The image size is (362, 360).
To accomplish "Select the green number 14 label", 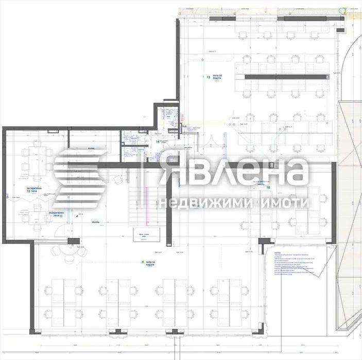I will click(158, 141).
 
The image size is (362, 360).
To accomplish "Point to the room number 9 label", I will click(142, 262).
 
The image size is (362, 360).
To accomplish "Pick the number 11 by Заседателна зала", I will click(60, 216).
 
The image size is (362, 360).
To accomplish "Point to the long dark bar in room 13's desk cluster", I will click(285, 77).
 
